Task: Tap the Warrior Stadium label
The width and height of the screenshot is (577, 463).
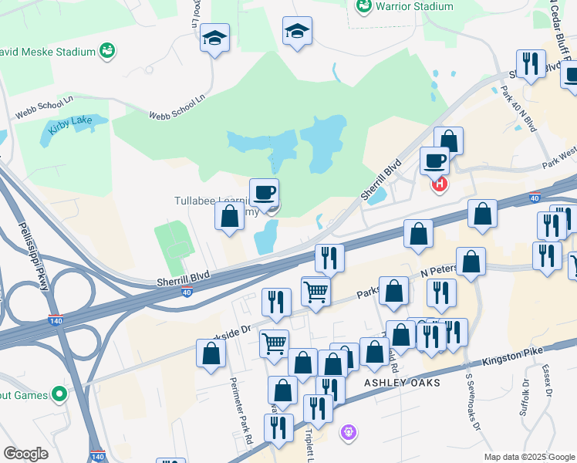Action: point(414,6)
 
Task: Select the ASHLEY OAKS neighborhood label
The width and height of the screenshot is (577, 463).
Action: point(402,383)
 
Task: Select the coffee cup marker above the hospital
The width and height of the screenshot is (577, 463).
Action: point(434,161)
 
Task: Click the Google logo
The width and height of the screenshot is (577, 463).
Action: point(26,453)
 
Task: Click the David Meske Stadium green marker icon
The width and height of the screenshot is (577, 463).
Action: point(108,52)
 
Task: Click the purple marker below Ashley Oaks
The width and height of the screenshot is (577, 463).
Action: point(349,431)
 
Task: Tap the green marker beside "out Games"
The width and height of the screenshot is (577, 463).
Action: point(59,395)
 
